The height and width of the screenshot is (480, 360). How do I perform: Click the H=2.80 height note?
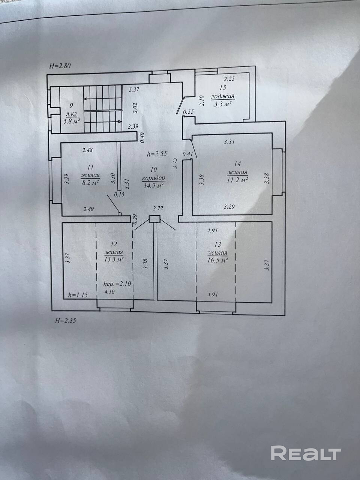[60, 66]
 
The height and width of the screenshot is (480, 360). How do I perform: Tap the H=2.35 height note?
[66, 321]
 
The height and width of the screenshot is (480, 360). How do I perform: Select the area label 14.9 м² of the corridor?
[154, 186]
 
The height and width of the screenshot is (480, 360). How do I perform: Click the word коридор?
[153, 178]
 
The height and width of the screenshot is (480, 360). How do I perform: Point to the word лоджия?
[222, 96]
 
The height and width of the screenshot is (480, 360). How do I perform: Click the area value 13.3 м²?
[114, 259]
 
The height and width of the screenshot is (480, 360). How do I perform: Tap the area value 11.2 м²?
[237, 180]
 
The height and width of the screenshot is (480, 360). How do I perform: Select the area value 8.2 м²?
[90, 183]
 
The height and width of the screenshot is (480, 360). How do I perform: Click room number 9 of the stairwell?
[72, 105]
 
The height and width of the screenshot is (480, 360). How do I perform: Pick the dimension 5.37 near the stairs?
[134, 90]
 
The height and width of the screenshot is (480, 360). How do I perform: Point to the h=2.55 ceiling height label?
[157, 154]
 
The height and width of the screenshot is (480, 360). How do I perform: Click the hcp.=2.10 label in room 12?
[117, 284]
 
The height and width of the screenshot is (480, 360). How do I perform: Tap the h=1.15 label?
[78, 295]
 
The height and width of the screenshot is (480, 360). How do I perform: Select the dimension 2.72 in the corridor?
[158, 208]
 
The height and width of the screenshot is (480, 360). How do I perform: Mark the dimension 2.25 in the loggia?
[229, 79]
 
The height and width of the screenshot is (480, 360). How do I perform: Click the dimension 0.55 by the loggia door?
[188, 112]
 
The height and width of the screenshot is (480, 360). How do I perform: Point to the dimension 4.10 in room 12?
[109, 292]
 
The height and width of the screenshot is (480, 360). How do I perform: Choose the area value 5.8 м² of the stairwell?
[72, 121]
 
